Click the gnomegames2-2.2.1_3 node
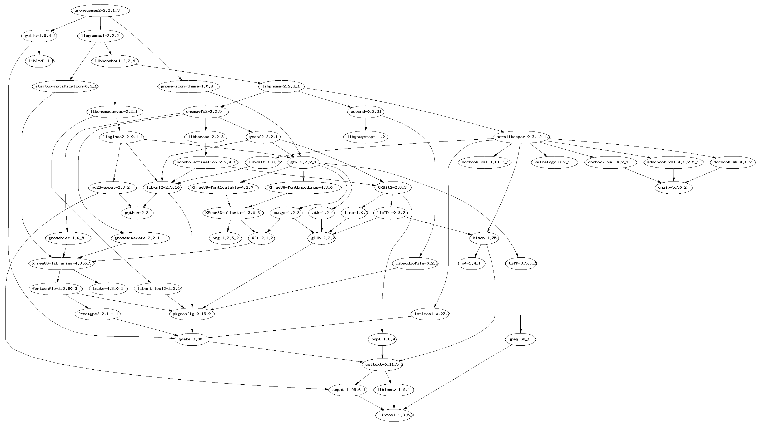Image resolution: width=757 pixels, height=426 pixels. pos(100,11)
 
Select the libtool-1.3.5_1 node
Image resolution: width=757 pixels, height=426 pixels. pos(394,415)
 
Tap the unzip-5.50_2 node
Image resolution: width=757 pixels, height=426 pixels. pos(674,188)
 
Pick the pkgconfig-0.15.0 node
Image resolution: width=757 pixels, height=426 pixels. pos(192,314)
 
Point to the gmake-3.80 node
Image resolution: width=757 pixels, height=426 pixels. pos(192,339)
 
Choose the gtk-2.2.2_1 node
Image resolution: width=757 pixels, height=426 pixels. pos(303,162)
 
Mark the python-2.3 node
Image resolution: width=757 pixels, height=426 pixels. pos(137,213)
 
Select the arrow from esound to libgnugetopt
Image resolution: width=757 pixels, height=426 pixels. pos(366,124)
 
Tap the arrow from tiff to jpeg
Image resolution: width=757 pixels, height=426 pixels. pos(521,301)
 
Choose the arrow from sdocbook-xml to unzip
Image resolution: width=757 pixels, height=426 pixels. pos(674,175)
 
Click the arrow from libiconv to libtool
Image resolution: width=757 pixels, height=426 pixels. pos(394,402)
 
